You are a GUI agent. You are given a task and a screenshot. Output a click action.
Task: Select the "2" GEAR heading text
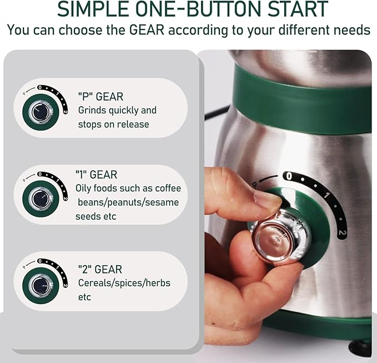coord(100,269)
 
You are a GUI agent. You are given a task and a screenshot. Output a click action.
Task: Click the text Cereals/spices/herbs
coord(124,283)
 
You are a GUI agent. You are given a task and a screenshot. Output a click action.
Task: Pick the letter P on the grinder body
coord(254,184)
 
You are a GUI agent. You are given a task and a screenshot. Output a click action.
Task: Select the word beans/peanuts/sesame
coord(128,202)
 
